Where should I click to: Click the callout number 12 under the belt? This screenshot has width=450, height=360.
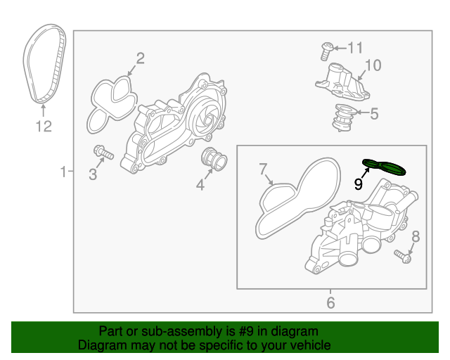tap(44, 127)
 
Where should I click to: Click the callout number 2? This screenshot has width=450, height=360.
tap(140, 58)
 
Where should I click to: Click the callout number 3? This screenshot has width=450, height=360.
tap(93, 174)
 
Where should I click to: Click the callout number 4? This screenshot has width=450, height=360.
tap(200, 185)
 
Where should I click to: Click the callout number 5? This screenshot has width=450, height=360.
tap(374, 112)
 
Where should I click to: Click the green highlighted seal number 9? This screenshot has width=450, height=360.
tap(385, 166)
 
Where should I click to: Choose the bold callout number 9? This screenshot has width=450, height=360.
tap(358, 184)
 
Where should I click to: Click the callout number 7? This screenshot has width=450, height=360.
tap(263, 169)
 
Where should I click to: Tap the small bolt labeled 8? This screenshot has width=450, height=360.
tap(401, 256)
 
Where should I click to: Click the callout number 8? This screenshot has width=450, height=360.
tap(415, 236)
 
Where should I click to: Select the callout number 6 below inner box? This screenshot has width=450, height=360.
tap(330, 303)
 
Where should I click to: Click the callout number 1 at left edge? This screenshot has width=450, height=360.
tap(63, 171)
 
